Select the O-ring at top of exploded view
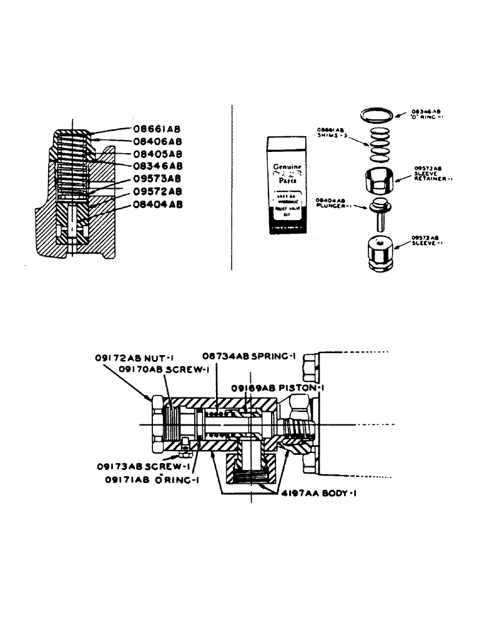(x=378, y=114)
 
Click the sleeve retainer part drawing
(x=378, y=181)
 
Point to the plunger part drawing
(x=378, y=211)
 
